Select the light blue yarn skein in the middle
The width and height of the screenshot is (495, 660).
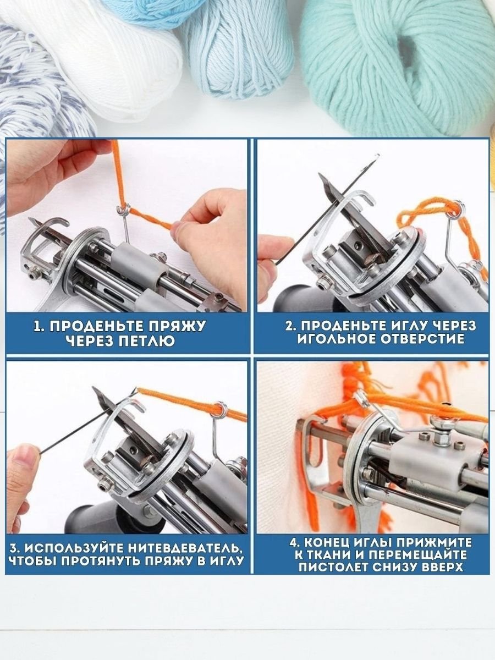click(238, 54)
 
